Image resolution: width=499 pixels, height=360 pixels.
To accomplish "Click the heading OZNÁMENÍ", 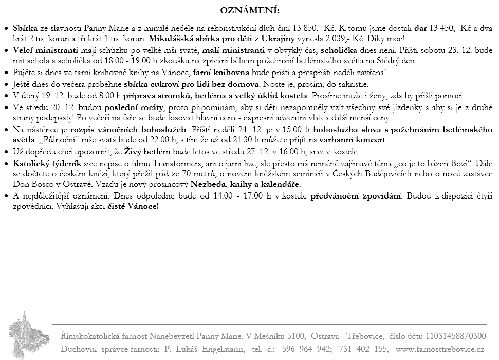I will (249, 10).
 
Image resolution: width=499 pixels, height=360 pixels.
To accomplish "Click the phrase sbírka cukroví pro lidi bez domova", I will (192, 84).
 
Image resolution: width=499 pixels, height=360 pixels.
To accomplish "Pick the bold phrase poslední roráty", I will (133, 107).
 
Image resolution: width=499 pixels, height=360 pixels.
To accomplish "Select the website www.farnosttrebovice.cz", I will (440, 349).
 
